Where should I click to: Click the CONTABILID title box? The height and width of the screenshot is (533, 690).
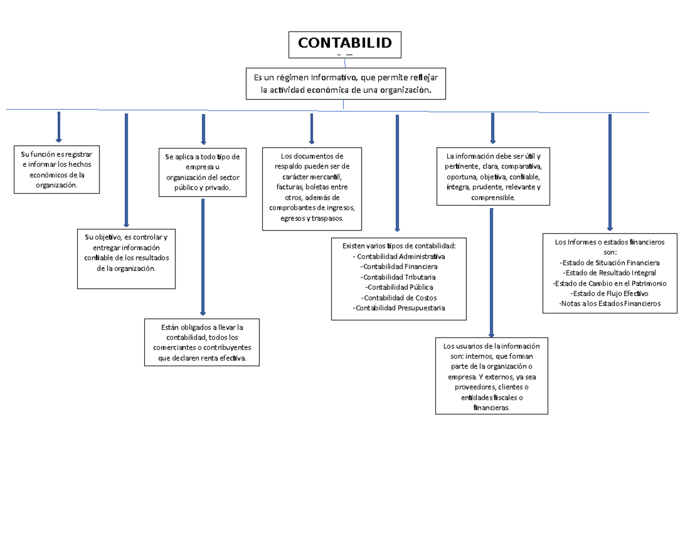[x=344, y=45]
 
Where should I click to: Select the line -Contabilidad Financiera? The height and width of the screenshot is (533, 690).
[x=398, y=267]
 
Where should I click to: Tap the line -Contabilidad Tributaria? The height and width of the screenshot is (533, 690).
[x=398, y=277]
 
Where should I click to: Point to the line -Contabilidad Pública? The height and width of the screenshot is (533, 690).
[x=398, y=287]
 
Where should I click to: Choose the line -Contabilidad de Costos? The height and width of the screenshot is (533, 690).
[x=398, y=297]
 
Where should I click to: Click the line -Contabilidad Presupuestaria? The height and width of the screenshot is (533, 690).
[x=398, y=308]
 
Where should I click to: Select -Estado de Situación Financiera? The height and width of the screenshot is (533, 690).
[x=609, y=263]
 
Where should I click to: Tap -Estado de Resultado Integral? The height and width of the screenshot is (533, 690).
[x=609, y=273]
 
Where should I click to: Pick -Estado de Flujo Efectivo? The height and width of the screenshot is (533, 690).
[x=609, y=293]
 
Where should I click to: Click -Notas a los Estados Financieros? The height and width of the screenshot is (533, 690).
[x=609, y=303]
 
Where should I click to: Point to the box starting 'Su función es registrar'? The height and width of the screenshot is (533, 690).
[x=56, y=170]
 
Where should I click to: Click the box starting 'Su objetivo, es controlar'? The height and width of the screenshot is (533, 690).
[x=126, y=258]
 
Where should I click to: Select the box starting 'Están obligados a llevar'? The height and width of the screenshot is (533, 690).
[x=202, y=342]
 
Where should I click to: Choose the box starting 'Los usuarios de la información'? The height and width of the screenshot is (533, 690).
[x=492, y=376]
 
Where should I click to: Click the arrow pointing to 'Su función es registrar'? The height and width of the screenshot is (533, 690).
[x=58, y=126]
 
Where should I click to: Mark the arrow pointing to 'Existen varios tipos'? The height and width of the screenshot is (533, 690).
[x=397, y=173]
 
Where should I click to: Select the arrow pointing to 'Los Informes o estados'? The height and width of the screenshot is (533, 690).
[x=609, y=172]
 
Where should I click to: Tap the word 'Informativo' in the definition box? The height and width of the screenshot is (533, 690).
[x=333, y=77]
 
